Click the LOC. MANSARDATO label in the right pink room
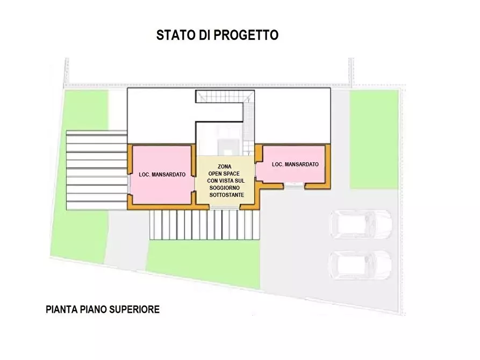pos(295,164)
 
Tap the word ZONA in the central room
pos(225,167)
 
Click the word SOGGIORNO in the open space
pos(226,188)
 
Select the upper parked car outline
pos(361,224)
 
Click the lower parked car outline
pos(361,264)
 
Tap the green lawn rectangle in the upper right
pos(374,139)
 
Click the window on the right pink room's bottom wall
pos(293,185)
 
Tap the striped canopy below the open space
pos(204,225)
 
